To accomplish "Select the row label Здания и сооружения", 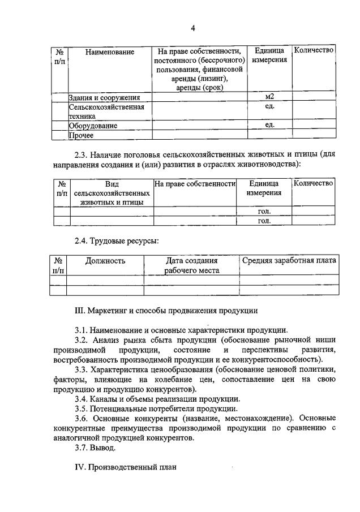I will (x=104, y=97).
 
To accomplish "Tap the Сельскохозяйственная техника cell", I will (x=106, y=111).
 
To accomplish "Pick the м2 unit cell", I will (x=269, y=97).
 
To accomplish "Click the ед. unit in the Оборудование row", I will (x=269, y=125).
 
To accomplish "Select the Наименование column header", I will (x=110, y=52).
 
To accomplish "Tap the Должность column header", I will (x=105, y=261).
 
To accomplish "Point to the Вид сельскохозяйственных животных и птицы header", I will (x=111, y=193).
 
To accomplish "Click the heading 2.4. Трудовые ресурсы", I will (x=117, y=240).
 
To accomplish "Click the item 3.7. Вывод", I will (x=95, y=448).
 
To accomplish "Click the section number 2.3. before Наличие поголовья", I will (x=83, y=154).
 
